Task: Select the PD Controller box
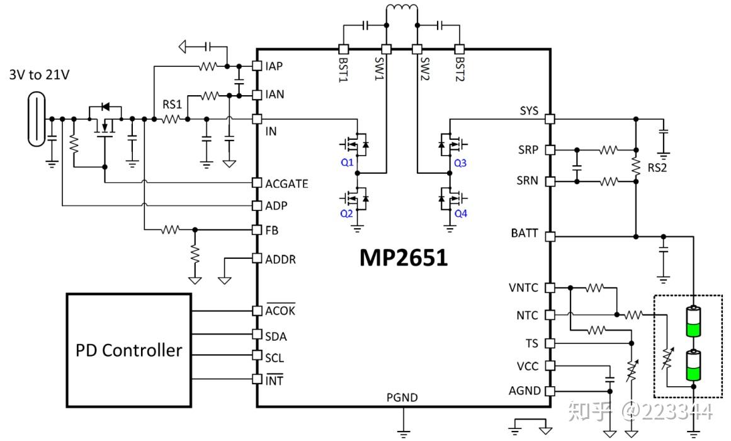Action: click(x=129, y=350)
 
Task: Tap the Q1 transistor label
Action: click(x=347, y=163)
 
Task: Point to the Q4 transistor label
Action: click(x=461, y=214)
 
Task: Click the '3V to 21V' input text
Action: click(x=39, y=75)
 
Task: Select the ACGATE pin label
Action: click(x=286, y=184)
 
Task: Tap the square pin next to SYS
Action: click(x=549, y=118)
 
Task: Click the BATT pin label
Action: click(x=524, y=234)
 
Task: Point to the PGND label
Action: click(x=402, y=398)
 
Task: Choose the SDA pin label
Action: click(x=275, y=336)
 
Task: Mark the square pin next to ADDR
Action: click(x=256, y=258)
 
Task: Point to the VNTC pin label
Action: click(x=524, y=288)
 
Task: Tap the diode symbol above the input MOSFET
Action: click(x=105, y=106)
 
